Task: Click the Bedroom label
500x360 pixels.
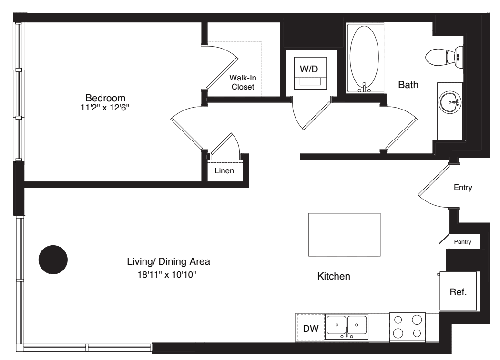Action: [x=105, y=98]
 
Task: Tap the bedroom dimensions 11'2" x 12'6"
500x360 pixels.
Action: [x=104, y=108]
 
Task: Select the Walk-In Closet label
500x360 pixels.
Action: [x=243, y=82]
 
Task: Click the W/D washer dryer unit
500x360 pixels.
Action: [x=310, y=73]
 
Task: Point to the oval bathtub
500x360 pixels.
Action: [x=364, y=58]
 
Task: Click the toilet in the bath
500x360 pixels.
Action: [x=444, y=57]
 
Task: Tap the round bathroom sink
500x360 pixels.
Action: [x=450, y=102]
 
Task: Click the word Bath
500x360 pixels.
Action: [x=408, y=85]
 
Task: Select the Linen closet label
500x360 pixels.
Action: [x=224, y=171]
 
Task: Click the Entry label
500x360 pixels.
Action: [x=463, y=187]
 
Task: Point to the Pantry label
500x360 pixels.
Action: [x=462, y=242]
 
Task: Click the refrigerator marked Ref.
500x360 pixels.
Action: [x=458, y=291]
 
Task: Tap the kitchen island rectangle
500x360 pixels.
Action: [x=345, y=234]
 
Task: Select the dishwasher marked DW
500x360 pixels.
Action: [x=310, y=328]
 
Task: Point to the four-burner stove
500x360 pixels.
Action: [x=408, y=328]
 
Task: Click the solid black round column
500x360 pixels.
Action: [x=53, y=260]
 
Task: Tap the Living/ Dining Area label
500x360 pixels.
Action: [x=168, y=261]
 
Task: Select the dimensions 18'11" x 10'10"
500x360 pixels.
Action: [x=167, y=274]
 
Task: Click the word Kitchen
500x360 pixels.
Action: [x=334, y=276]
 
